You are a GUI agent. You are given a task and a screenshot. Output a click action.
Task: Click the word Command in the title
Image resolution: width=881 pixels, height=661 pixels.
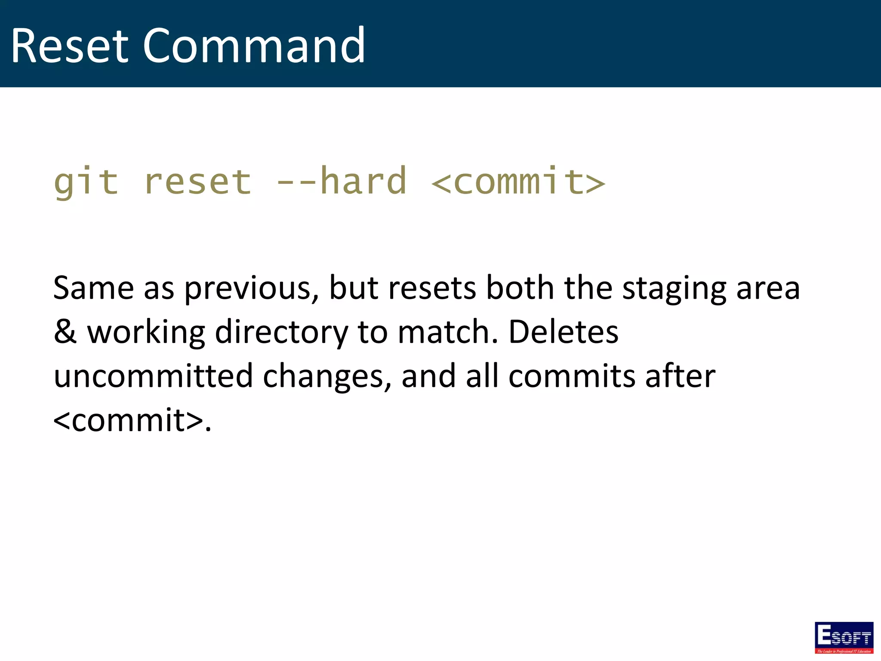[254, 46]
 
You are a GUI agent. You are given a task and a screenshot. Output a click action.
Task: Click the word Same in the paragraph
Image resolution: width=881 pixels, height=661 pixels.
[93, 288]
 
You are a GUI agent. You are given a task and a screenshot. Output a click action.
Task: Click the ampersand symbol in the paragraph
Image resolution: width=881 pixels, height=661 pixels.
[65, 332]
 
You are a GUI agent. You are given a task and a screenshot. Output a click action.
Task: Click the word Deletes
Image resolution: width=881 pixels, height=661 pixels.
[563, 332]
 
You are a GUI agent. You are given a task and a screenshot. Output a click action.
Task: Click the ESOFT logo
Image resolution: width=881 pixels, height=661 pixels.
[844, 637]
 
